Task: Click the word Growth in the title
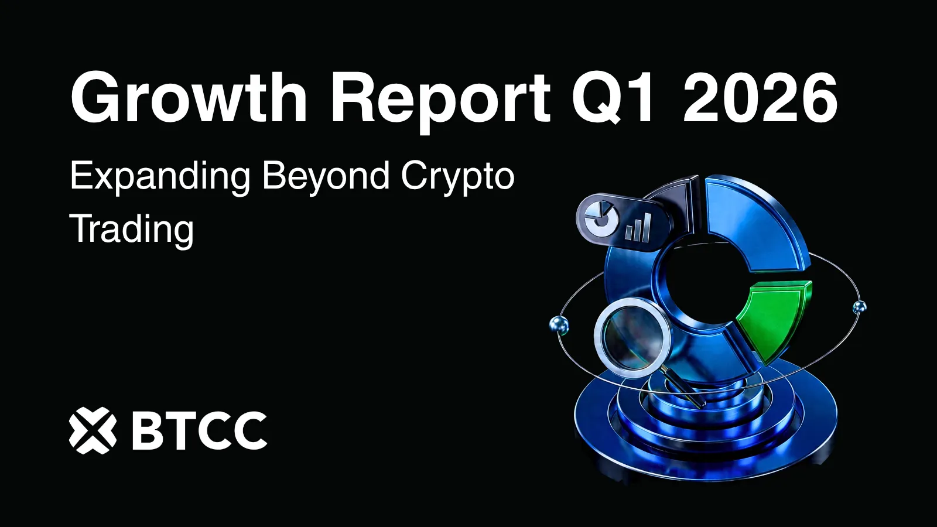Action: point(189,98)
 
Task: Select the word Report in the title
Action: point(440,98)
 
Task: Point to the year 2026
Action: point(760,98)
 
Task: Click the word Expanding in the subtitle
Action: point(160,176)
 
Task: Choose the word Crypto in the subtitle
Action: point(457,176)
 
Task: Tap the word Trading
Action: point(132,228)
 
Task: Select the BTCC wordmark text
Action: point(199,430)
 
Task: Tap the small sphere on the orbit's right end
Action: point(859,306)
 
